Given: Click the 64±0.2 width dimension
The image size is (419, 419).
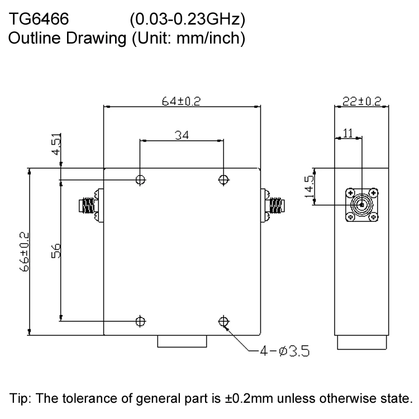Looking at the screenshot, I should [x=181, y=101].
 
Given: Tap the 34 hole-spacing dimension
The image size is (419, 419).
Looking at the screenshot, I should [x=182, y=135].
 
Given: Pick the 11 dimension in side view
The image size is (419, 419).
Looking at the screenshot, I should [x=347, y=133].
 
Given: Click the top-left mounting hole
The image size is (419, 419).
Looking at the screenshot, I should [x=140, y=179].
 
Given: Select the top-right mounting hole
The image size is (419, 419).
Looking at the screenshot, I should [x=224, y=179].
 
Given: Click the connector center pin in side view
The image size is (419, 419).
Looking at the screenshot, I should [x=361, y=205].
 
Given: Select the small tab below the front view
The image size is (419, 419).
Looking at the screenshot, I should [x=182, y=341].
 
